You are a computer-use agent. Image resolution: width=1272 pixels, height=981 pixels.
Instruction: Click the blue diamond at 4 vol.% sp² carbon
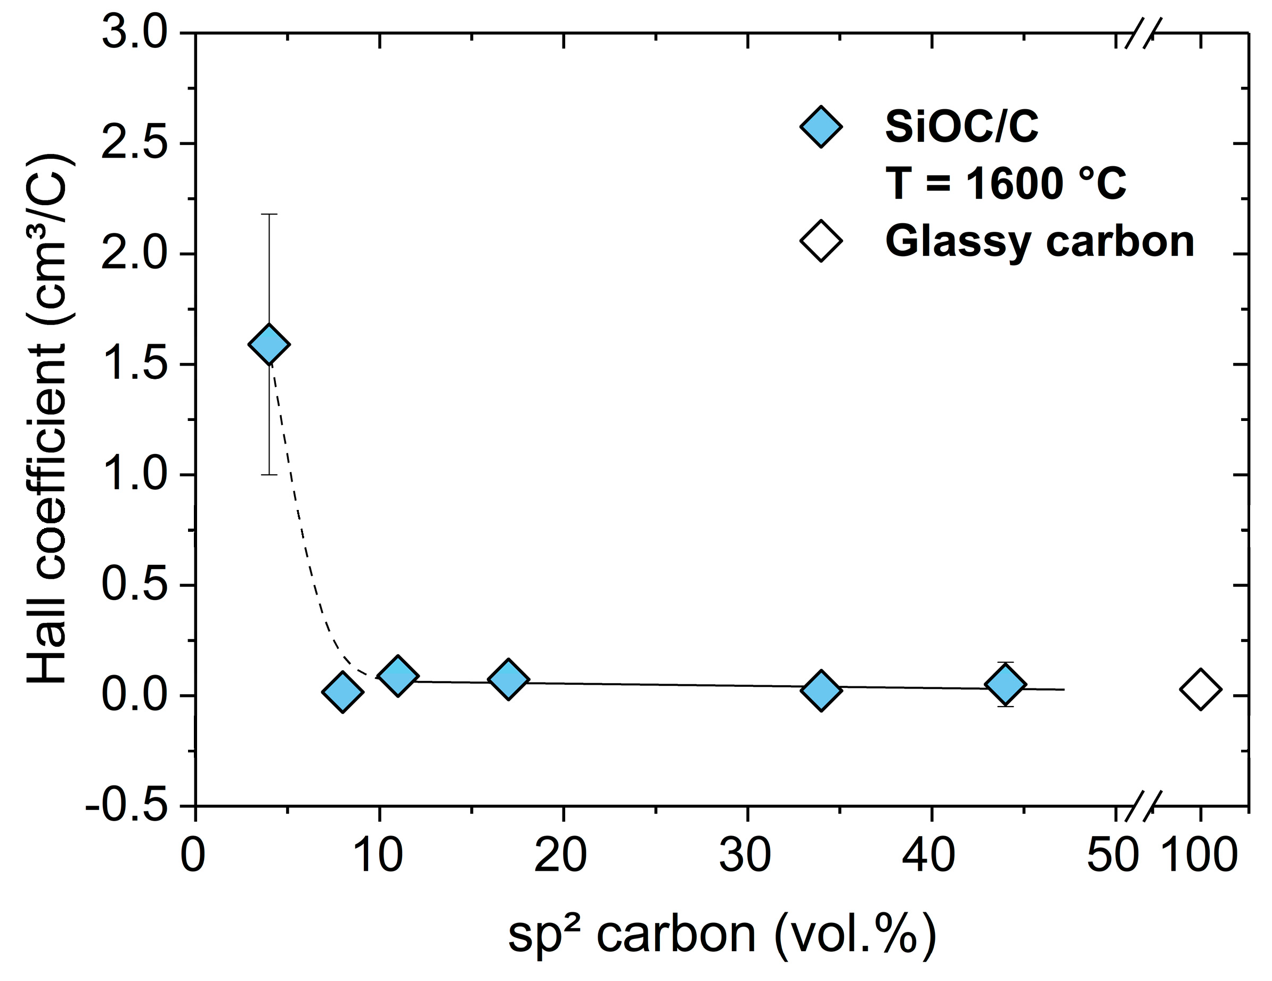(x=269, y=344)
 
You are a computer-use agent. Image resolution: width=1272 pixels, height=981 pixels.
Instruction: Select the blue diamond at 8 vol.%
(x=343, y=691)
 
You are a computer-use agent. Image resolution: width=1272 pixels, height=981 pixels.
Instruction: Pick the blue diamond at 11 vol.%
(x=398, y=675)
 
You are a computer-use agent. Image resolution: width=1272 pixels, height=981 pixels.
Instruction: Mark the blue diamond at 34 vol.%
(x=821, y=690)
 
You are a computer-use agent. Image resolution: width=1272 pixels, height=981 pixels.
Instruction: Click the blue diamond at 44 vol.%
(x=1006, y=684)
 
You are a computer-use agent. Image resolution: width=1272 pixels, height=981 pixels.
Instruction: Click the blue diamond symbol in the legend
(x=821, y=126)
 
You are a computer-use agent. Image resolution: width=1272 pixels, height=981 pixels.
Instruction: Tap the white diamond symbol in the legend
(x=821, y=241)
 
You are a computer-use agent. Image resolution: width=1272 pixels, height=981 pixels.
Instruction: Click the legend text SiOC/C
(x=961, y=126)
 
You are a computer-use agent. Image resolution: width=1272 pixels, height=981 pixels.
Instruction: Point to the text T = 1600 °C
(x=1006, y=183)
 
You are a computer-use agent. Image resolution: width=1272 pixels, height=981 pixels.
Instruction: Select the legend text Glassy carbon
(x=1040, y=241)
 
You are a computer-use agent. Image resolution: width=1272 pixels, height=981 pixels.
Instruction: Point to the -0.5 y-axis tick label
(x=126, y=806)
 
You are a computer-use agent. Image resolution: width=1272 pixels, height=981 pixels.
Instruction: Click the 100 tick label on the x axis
(x=1199, y=855)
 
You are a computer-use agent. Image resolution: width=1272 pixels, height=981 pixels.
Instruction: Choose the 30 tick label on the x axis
(x=746, y=855)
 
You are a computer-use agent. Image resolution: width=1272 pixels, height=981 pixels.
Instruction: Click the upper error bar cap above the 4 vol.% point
(x=269, y=214)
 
